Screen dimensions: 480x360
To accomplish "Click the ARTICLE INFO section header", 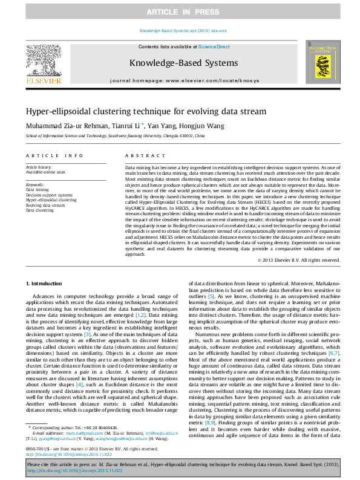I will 54,155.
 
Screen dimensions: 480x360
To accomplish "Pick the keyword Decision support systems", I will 49,195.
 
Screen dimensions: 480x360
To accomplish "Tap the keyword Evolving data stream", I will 45,205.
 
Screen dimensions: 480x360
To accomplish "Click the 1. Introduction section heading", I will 45,284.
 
